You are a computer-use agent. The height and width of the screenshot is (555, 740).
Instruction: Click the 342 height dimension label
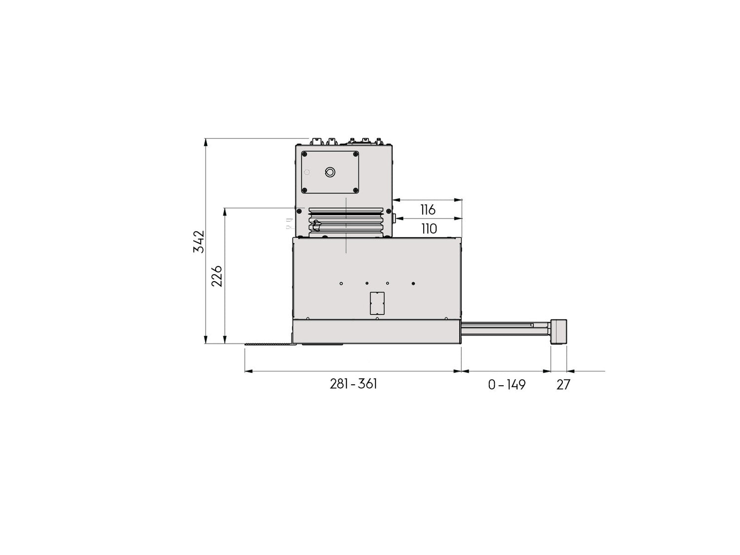198,241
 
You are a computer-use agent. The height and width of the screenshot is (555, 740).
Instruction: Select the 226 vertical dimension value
217,276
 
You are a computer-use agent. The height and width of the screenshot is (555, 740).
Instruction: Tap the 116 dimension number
428,210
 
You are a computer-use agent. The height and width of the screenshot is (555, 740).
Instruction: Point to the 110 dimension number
429,229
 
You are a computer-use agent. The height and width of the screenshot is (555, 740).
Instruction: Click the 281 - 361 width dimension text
353,384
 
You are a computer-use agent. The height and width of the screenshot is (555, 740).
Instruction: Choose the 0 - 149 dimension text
507,385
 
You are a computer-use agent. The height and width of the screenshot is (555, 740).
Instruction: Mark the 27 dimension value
563,385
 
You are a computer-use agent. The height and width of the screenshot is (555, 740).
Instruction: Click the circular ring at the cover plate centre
330,172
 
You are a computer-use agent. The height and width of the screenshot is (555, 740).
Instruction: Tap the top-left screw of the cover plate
305,154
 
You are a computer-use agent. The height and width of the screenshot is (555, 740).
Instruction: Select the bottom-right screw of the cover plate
355,190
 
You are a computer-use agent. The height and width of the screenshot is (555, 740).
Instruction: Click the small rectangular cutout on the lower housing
377,303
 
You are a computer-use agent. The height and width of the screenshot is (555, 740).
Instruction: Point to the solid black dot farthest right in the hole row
413,283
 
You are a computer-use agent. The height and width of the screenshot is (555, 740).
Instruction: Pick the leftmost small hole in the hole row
341,283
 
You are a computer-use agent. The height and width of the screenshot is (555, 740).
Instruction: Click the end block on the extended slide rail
558,332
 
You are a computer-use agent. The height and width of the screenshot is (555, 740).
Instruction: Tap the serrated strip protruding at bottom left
269,344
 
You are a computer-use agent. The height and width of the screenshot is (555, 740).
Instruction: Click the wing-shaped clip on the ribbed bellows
316,226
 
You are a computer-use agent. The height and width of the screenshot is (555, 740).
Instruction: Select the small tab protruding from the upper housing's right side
394,218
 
